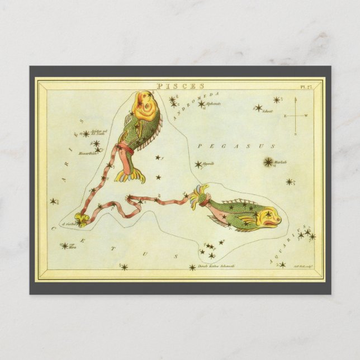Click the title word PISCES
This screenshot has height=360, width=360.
tap(173, 86)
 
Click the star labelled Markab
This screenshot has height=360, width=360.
tap(268, 162)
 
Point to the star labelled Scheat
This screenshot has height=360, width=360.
tap(258, 107)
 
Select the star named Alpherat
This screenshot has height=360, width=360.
tap(201, 103)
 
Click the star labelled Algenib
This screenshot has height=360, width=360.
tap(198, 164)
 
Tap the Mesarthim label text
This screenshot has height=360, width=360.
tap(88, 153)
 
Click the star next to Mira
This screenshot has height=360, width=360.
tap(64, 245)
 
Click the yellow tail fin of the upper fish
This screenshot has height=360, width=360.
tap(130, 177)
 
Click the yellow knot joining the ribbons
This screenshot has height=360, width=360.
tap(82, 220)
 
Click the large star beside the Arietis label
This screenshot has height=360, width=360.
tap(86, 134)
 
